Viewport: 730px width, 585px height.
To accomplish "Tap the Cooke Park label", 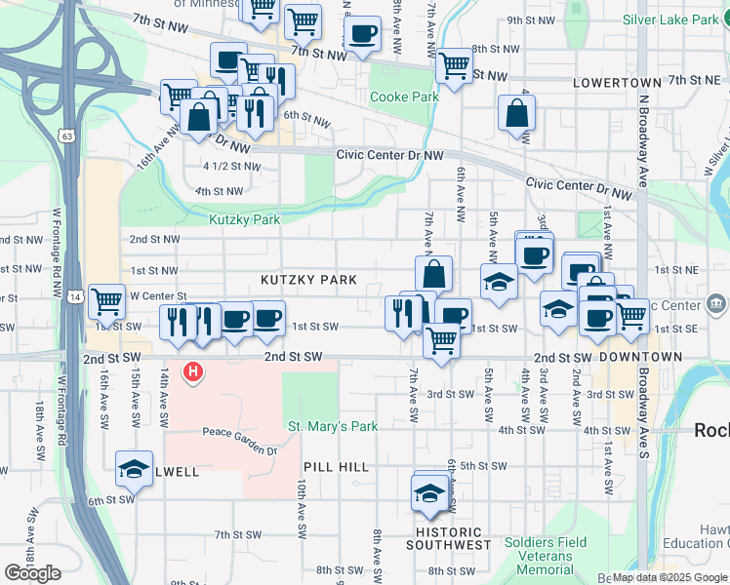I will click(404, 97).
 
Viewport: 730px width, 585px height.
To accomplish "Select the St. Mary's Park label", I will click(332, 426).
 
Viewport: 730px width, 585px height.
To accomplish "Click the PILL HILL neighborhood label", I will click(336, 467).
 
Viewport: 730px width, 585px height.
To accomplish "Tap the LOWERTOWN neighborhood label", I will click(611, 84).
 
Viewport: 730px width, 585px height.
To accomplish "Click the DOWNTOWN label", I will click(640, 358).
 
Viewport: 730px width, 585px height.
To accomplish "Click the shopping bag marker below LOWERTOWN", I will click(516, 112).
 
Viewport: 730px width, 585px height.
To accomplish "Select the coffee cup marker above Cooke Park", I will click(362, 34).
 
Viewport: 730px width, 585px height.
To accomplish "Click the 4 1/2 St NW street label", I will click(231, 166).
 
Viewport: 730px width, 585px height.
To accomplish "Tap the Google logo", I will click(32, 573).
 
